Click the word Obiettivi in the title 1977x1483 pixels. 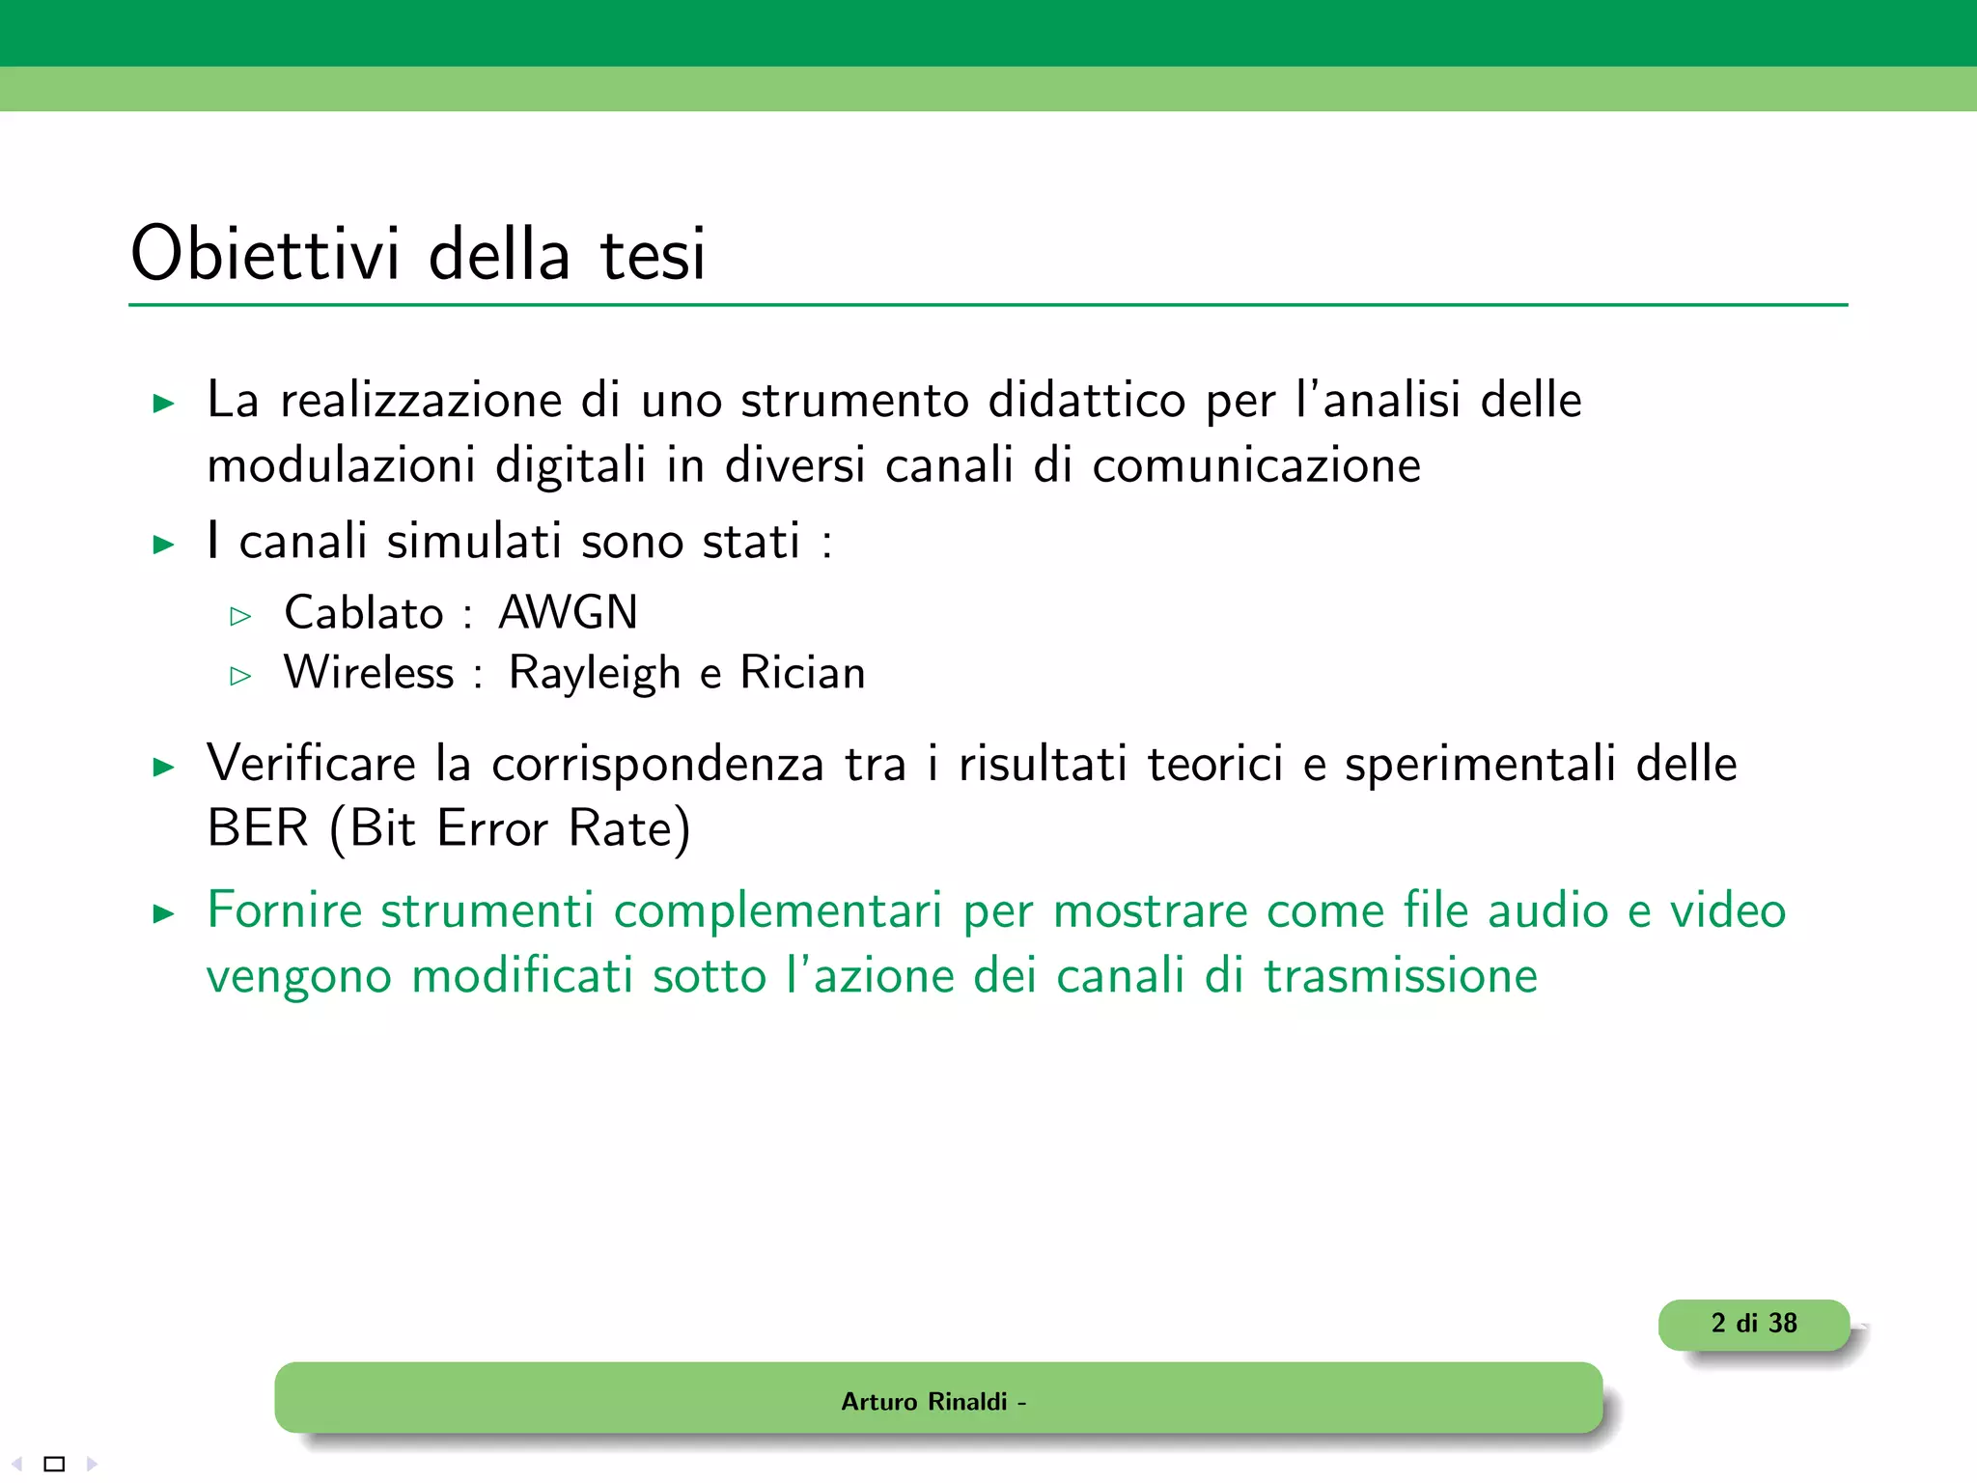click(x=265, y=253)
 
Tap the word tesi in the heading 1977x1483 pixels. click(x=653, y=255)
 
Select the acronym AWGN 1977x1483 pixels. click(x=568, y=612)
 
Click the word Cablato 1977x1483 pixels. click(x=364, y=612)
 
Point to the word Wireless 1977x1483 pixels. click(x=369, y=672)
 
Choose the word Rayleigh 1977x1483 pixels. click(x=595, y=673)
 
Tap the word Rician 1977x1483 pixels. click(x=802, y=672)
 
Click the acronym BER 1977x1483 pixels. click(x=258, y=827)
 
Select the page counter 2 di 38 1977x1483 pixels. click(x=1753, y=1323)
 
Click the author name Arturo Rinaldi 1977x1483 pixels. click(x=924, y=1401)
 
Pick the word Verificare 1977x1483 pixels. click(x=312, y=763)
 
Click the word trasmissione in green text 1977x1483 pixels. click(x=1401, y=975)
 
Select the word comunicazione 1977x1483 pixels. click(x=1256, y=465)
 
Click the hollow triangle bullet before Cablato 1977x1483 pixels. click(x=240, y=616)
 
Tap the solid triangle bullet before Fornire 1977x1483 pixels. click(x=164, y=913)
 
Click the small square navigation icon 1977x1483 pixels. click(x=55, y=1464)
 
